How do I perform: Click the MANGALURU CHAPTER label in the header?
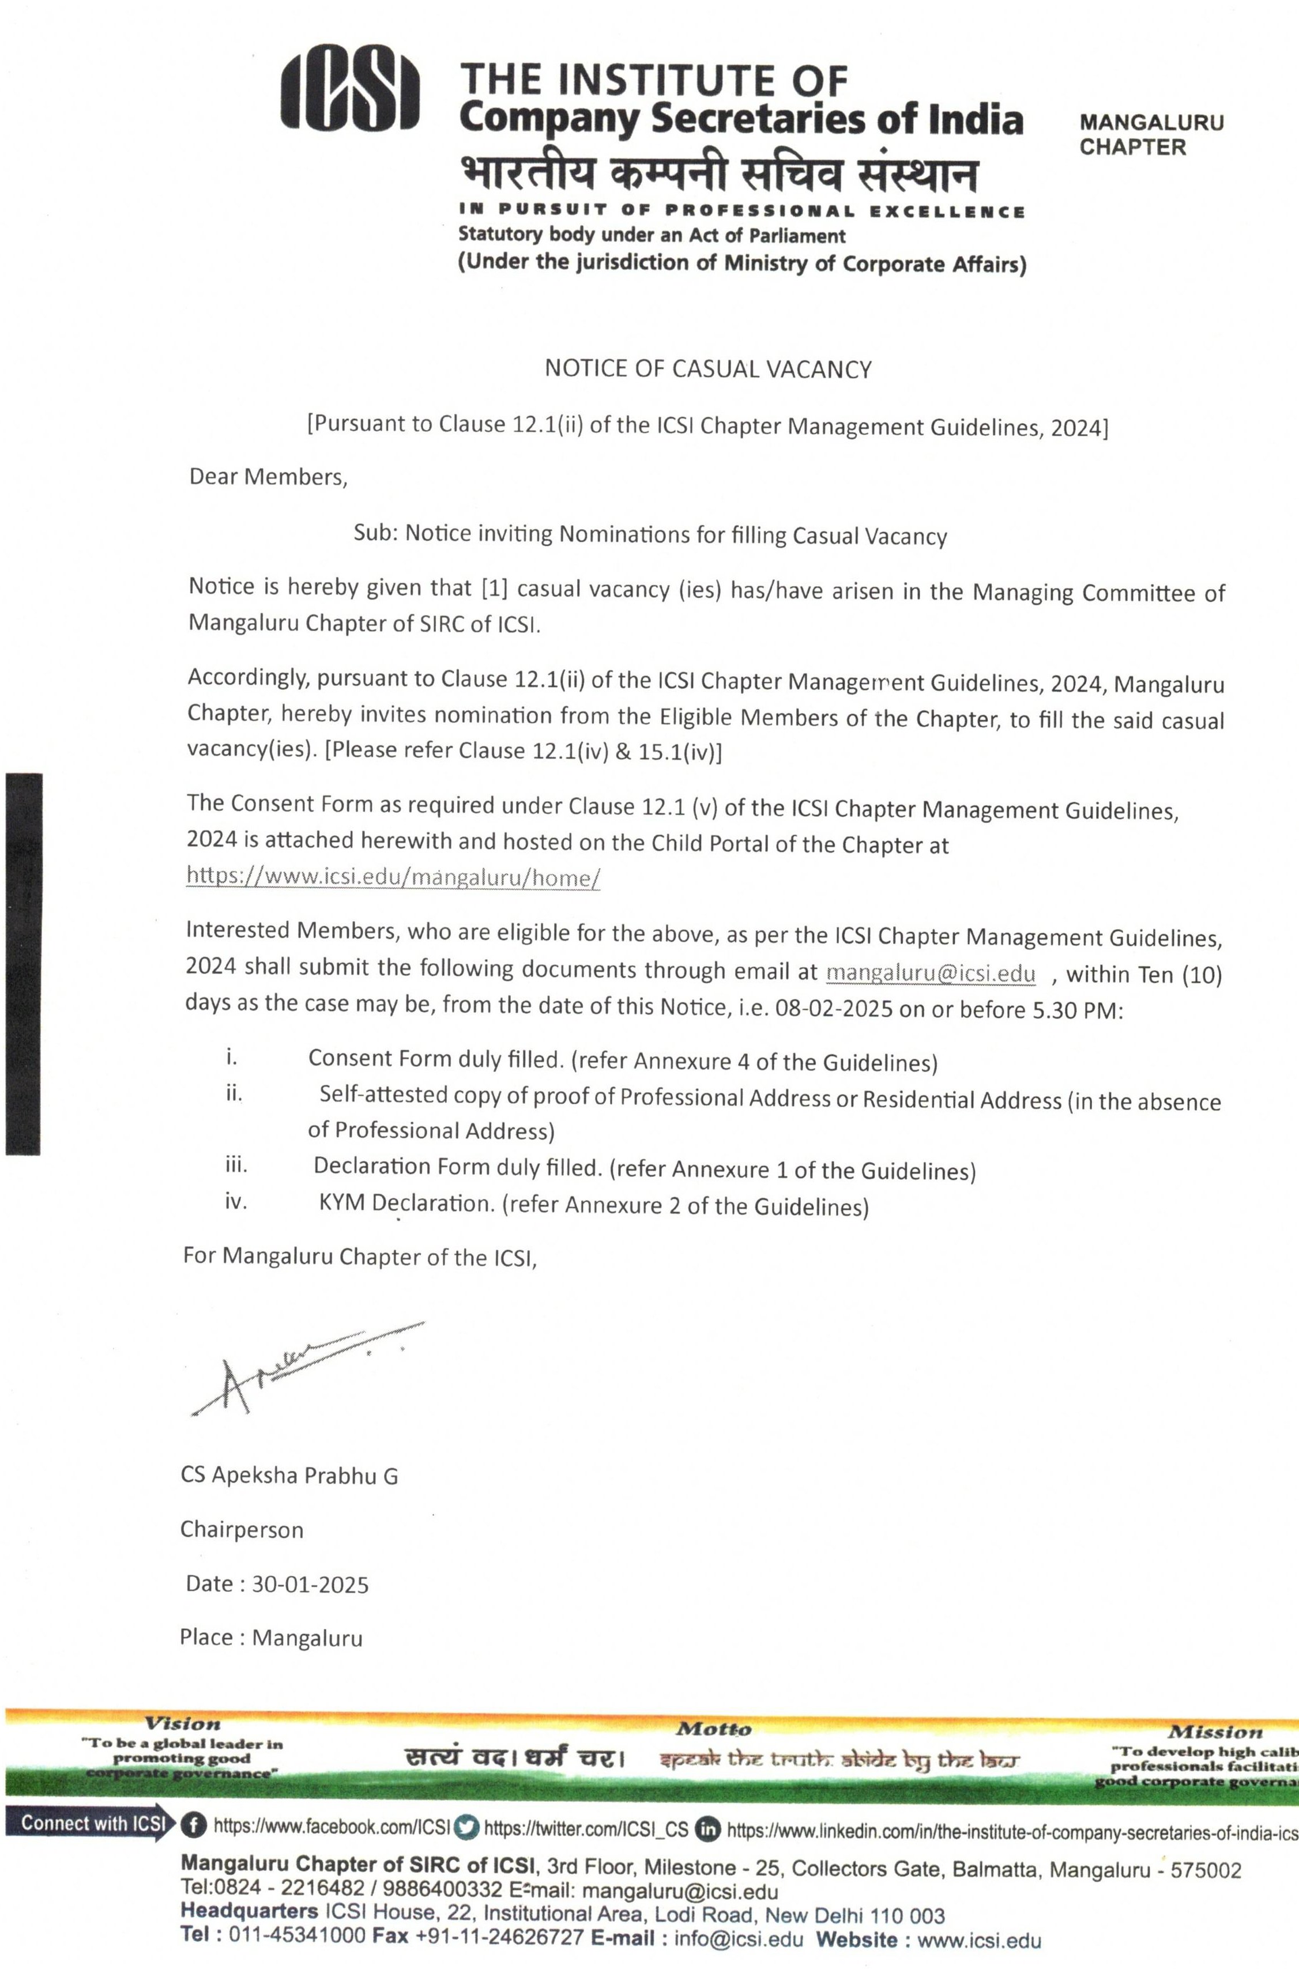tap(1151, 135)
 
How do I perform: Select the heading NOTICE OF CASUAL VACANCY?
tap(708, 369)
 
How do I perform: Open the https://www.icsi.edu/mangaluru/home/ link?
tap(393, 877)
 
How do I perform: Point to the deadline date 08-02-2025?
tap(833, 1009)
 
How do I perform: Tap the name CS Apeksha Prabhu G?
tap(289, 1476)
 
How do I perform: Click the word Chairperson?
tap(242, 1530)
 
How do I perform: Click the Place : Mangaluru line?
tap(271, 1638)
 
